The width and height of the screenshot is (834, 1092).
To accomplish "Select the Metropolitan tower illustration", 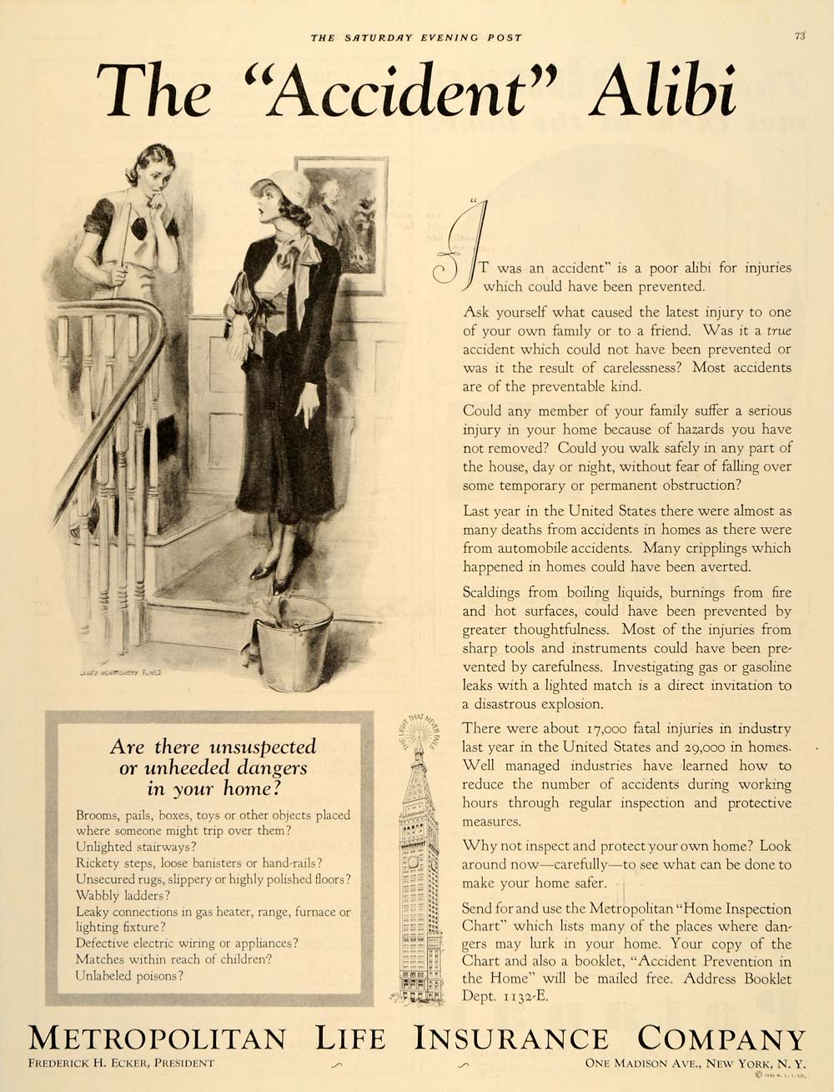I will (419, 868).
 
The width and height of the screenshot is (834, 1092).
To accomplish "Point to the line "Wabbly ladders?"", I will (123, 895).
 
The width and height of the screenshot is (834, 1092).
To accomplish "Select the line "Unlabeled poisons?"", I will (129, 975).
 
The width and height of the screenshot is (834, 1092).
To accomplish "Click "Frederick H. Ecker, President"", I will (120, 1063).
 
